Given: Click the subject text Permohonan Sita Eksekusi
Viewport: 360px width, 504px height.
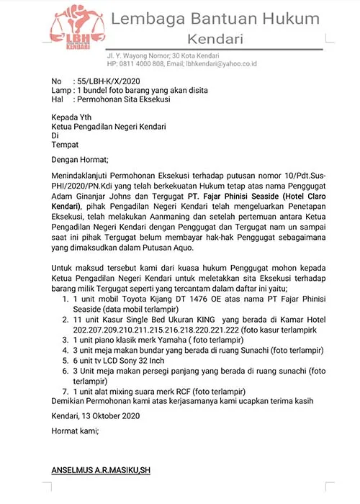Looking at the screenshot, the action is click(x=122, y=100).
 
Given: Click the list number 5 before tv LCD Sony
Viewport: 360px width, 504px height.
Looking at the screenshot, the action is click(x=66, y=360).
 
